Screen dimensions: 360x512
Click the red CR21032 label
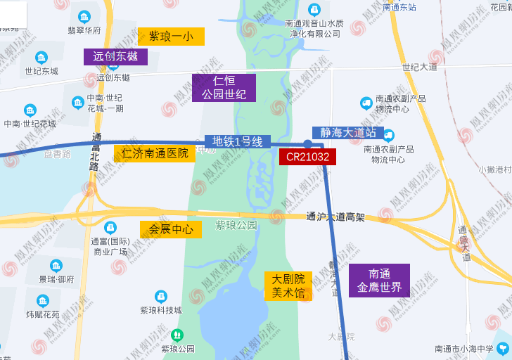(x=307, y=157)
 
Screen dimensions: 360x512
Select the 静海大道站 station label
(x=348, y=132)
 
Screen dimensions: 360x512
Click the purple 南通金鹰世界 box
(x=379, y=280)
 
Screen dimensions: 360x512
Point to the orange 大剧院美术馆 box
(x=288, y=285)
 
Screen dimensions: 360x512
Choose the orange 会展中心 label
(x=171, y=229)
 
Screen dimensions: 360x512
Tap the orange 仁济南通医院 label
(x=155, y=153)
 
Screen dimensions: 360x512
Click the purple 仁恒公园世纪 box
(x=224, y=88)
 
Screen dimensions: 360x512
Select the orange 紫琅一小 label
(x=171, y=36)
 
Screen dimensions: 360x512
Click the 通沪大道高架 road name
(x=335, y=217)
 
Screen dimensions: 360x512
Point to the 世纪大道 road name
(x=420, y=67)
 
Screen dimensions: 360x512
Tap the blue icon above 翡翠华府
(x=85, y=16)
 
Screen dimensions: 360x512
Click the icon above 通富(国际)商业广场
(x=110, y=227)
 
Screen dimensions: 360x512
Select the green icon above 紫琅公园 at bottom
(x=177, y=335)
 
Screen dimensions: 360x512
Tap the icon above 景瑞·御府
(x=56, y=265)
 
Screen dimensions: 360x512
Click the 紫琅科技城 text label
(x=160, y=310)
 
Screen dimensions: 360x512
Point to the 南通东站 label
(x=399, y=7)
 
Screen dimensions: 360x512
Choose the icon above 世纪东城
(x=41, y=57)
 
